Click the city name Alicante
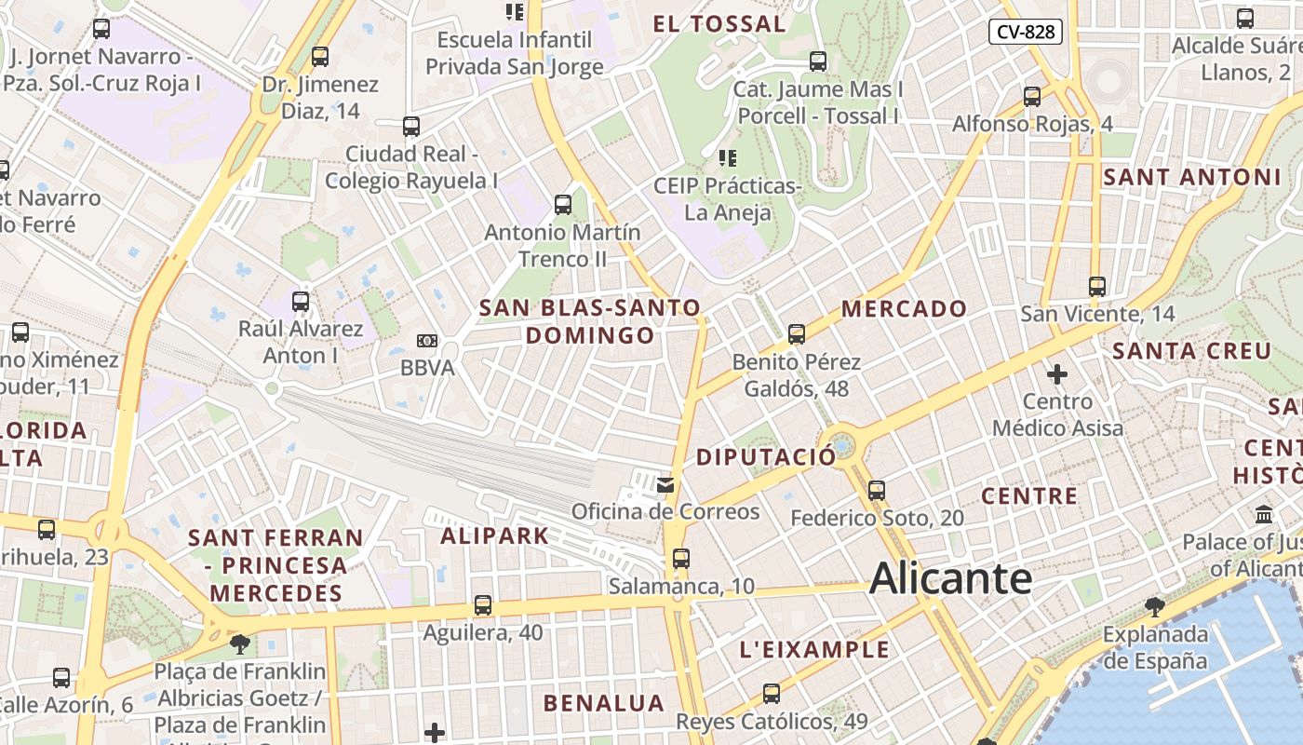tap(950, 578)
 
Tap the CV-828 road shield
tap(1026, 32)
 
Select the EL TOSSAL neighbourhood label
tap(719, 24)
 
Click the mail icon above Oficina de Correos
tap(665, 484)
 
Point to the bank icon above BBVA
tap(427, 342)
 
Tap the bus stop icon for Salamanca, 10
tap(681, 559)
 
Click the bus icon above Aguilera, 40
tap(482, 605)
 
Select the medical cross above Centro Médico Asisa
tap(1056, 374)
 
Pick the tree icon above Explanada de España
tap(1154, 607)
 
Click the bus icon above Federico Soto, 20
tap(876, 491)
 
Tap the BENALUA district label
tap(604, 703)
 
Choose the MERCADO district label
tap(905, 308)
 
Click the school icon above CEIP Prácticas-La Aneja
tap(728, 158)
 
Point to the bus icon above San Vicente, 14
tap(1097, 287)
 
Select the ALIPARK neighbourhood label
tap(494, 535)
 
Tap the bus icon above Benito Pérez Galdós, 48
tap(796, 334)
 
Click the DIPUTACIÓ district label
tap(766, 457)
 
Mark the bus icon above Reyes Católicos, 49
tap(772, 694)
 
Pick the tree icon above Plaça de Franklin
tap(240, 643)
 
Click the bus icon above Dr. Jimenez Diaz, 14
tap(320, 57)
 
